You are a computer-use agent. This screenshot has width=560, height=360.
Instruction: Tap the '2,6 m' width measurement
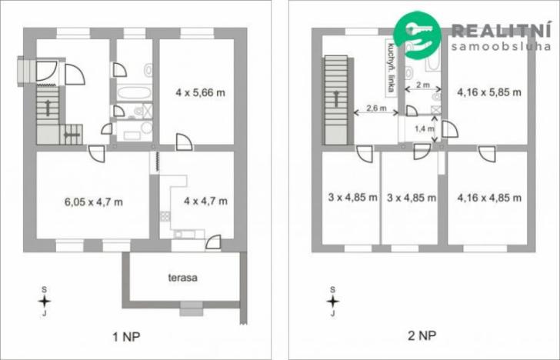click(375, 108)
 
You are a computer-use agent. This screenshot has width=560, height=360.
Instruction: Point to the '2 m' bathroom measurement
click(423, 85)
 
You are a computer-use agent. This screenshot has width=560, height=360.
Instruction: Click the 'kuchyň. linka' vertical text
click(391, 65)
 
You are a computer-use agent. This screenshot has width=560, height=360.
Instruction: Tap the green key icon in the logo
click(416, 34)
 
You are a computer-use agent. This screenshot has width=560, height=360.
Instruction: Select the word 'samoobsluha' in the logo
click(501, 46)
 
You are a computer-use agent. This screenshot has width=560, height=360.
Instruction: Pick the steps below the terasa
click(189, 312)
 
